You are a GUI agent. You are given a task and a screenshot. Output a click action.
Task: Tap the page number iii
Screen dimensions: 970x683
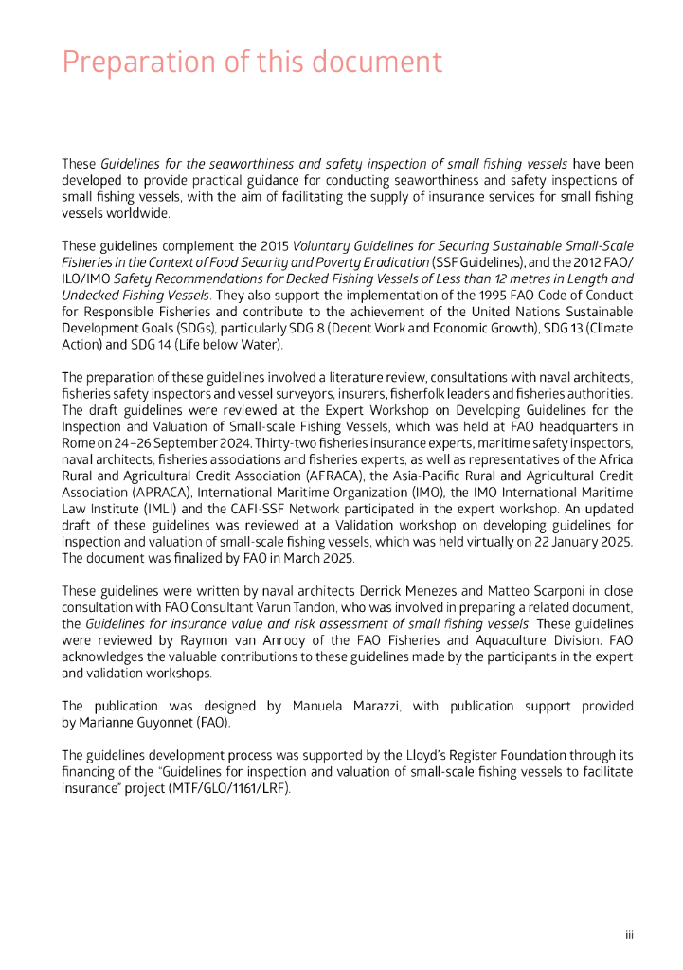pos(628,935)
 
